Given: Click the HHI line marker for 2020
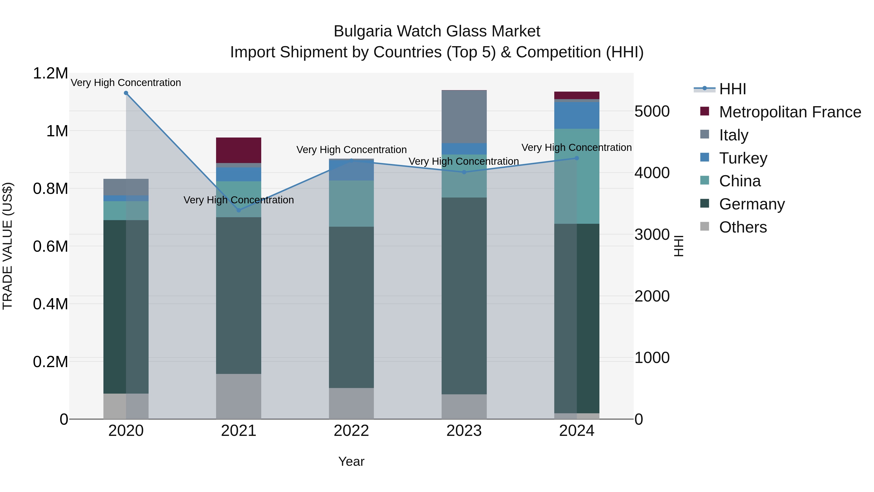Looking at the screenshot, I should pos(126,93).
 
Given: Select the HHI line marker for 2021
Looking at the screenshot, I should pos(238,210).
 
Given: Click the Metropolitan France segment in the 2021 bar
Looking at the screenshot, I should pos(238,150).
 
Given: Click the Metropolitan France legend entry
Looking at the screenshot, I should pos(790,112).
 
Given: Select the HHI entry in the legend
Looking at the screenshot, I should pos(732,89).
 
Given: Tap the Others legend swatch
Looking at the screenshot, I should pos(704,226).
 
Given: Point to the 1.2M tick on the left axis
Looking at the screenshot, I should pos(50,73).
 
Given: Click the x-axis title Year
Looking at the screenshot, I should pos(351,461).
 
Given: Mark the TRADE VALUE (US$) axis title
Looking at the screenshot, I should pos(8,246).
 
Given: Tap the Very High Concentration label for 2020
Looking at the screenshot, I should pos(126,83).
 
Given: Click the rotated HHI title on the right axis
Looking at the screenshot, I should pos(678,246).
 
